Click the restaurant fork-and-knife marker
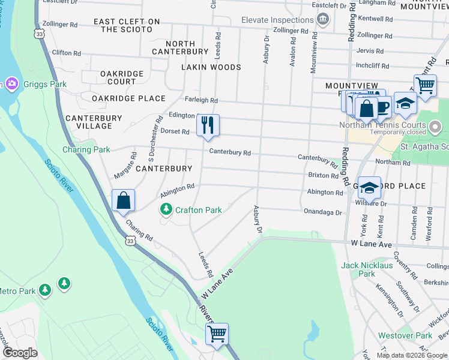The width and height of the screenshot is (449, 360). pyautogui.click(x=208, y=125)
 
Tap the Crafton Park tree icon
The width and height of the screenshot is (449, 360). pyautogui.click(x=166, y=209)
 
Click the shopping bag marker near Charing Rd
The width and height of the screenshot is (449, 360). pyautogui.click(x=123, y=200)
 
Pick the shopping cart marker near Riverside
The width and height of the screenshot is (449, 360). pyautogui.click(x=216, y=334)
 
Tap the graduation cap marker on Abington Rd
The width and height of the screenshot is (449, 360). pyautogui.click(x=369, y=187)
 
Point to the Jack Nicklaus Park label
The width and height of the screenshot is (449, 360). pyautogui.click(x=366, y=269)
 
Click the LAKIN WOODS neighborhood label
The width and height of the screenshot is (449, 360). pyautogui.click(x=212, y=67)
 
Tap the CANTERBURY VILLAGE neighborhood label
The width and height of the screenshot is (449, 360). pyautogui.click(x=89, y=122)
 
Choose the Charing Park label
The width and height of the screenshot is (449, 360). pyautogui.click(x=86, y=149)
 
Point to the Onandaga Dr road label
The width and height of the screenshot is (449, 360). pyautogui.click(x=322, y=212)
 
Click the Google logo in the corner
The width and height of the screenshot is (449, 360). pyautogui.click(x=20, y=353)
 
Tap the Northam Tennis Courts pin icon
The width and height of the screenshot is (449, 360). pyautogui.click(x=436, y=126)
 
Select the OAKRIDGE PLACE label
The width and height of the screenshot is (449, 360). pyautogui.click(x=128, y=98)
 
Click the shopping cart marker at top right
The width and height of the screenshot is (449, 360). pyautogui.click(x=425, y=85)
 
